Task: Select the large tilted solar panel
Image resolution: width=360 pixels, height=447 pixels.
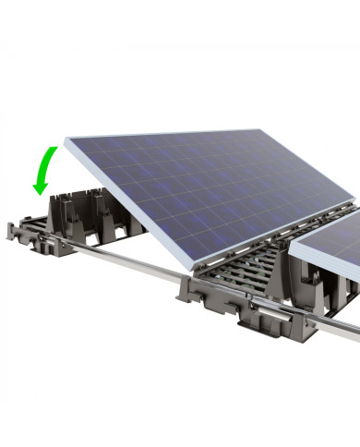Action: [x=212, y=185]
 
